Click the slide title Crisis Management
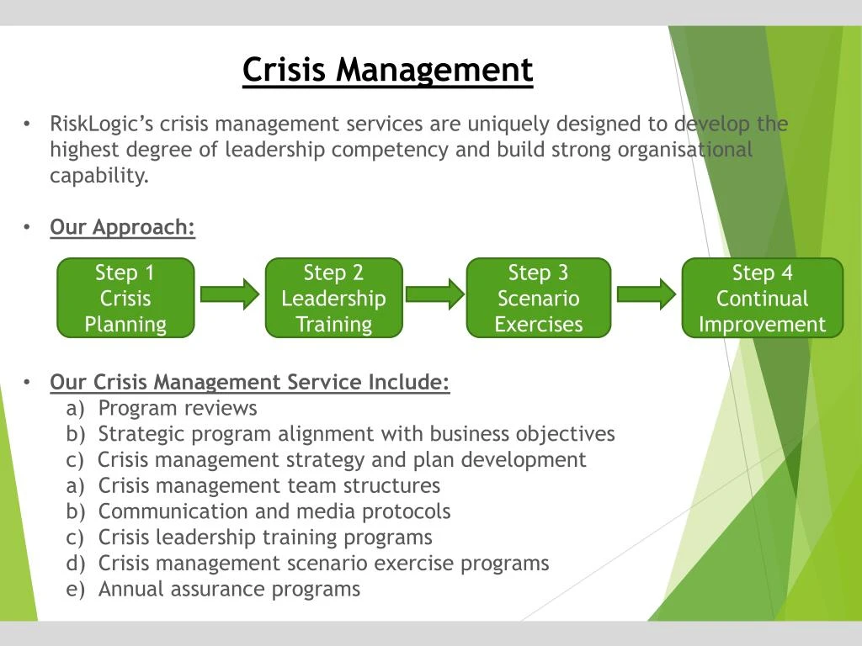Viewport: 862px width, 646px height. [x=387, y=70]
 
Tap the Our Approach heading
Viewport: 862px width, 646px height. [x=122, y=227]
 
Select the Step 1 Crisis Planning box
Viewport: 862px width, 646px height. [x=125, y=298]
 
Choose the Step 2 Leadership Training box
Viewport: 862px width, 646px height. [x=333, y=298]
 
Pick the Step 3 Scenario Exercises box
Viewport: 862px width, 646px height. [x=538, y=298]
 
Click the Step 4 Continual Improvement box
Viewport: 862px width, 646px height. [x=762, y=298]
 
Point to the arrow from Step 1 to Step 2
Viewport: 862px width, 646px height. [x=229, y=294]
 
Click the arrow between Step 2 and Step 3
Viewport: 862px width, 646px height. [x=434, y=294]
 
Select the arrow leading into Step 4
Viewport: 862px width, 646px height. [x=645, y=294]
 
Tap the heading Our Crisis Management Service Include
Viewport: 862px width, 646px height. [x=250, y=383]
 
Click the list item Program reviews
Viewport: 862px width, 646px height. [x=178, y=409]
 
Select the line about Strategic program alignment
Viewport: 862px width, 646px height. [x=356, y=434]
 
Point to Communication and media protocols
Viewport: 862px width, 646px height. [x=274, y=511]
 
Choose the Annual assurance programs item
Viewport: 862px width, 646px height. [x=229, y=589]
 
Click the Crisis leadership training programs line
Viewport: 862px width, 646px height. [x=265, y=537]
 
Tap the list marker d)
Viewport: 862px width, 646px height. [x=76, y=564]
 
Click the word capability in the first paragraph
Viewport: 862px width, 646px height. [x=98, y=176]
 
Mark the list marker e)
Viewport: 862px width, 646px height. [x=76, y=589]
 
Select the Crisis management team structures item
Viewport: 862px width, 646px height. [x=269, y=485]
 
